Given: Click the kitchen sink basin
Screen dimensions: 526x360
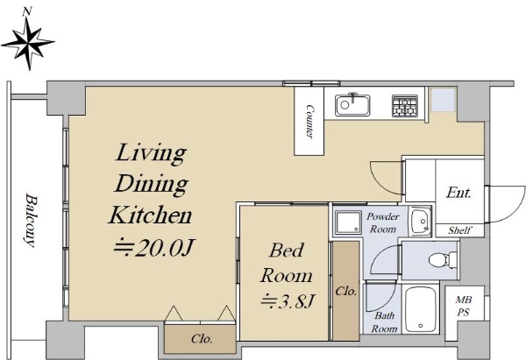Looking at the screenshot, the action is point(352,105).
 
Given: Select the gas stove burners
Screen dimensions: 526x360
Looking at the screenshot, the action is point(405,106).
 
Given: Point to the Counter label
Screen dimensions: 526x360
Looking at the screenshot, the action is point(310,122).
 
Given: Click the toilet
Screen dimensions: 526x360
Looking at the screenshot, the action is point(443,260).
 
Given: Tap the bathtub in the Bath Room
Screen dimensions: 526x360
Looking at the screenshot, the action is point(421,309).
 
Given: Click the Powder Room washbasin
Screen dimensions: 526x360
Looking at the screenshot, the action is point(420,222).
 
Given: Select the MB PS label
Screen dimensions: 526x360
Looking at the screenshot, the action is point(463,306).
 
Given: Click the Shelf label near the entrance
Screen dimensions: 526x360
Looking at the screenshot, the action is point(460,230).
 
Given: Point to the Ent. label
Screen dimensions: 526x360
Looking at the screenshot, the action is point(458,193).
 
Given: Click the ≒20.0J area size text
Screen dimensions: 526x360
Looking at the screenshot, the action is point(154,248).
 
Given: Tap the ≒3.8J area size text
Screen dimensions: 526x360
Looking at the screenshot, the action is point(288,300).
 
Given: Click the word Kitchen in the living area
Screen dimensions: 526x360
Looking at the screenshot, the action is point(150,215).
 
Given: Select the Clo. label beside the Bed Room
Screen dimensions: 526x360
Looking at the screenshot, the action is point(346,291).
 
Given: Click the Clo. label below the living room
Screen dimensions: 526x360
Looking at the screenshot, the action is point(202,339).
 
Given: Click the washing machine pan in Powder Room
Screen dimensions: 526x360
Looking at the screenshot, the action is point(348,222).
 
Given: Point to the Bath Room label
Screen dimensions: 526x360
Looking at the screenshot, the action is point(385,321).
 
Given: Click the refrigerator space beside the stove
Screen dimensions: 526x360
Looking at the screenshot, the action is point(443,100).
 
